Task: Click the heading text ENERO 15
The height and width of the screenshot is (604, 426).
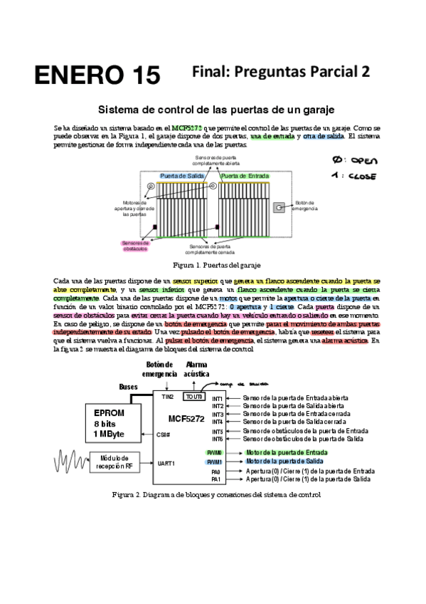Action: click(98, 75)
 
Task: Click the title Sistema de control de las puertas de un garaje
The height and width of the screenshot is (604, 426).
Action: click(216, 110)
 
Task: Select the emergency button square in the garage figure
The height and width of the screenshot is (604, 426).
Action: click(281, 207)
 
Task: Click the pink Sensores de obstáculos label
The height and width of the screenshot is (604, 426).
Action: click(134, 245)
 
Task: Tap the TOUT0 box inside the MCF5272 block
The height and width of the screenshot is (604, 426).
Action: click(194, 396)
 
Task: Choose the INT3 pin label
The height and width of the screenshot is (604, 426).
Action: click(218, 414)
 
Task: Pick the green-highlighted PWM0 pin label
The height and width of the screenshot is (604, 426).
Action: click(215, 452)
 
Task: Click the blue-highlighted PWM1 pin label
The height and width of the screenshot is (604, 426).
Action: click(215, 462)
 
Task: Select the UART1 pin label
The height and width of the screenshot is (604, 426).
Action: click(165, 463)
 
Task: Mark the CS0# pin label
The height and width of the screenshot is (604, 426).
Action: click(164, 434)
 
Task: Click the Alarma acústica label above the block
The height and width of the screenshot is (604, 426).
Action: click(197, 369)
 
